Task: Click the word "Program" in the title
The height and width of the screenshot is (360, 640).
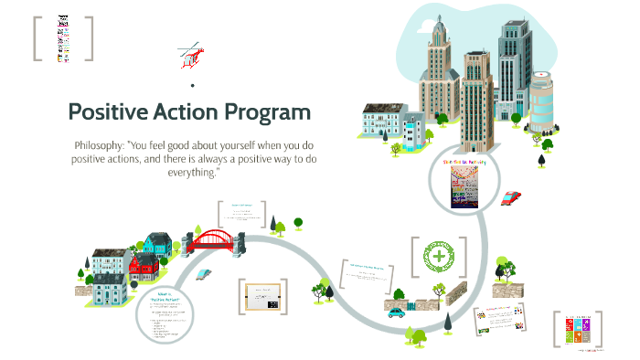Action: coord(266,112)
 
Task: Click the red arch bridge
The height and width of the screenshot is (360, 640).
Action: coord(217,240)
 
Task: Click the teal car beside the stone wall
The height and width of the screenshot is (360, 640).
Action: coord(396,311)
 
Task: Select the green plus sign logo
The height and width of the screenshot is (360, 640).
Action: coord(442,259)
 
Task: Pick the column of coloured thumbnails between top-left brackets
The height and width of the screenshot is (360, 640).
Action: coord(63,38)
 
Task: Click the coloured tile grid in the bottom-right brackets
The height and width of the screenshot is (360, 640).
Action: coord(585,326)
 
